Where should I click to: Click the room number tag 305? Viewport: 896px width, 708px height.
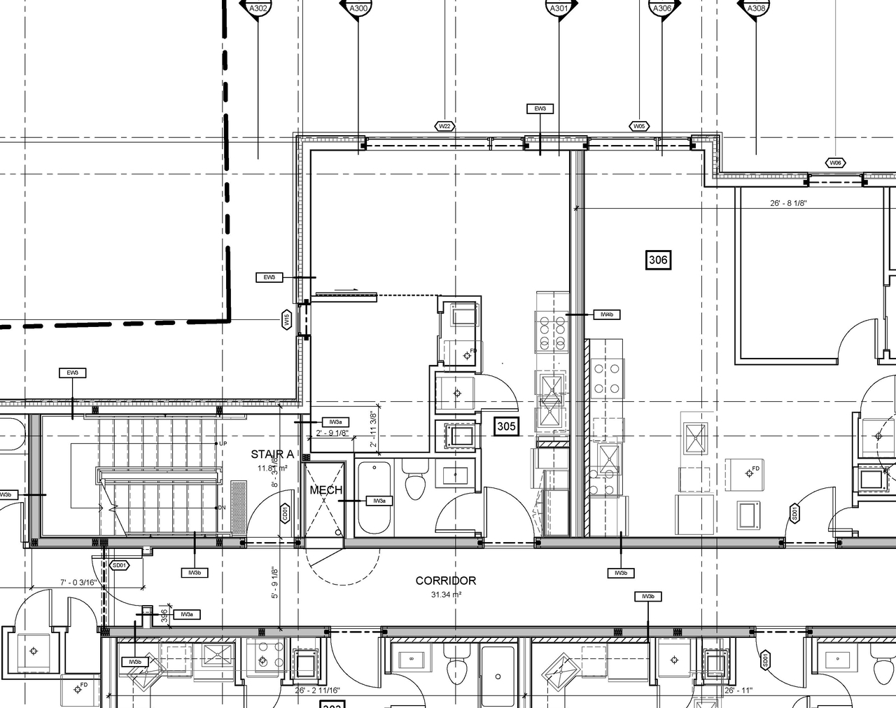click(x=506, y=425)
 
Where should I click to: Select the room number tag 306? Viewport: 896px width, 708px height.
click(x=657, y=261)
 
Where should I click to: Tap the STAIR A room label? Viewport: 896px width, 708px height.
click(x=272, y=454)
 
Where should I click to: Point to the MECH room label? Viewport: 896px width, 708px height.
click(x=325, y=490)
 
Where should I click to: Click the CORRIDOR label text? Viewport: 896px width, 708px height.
click(x=445, y=581)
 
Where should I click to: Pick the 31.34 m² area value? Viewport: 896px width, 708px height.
click(x=445, y=595)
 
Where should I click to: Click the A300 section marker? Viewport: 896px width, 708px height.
click(x=358, y=8)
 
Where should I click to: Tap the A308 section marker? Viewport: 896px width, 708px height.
click(x=755, y=8)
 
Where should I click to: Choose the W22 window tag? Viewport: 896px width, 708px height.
click(x=444, y=126)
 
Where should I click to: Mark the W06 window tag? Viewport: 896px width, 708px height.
click(x=834, y=162)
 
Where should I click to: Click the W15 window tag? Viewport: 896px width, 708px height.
click(x=286, y=320)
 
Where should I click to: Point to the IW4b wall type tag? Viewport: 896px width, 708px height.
click(x=606, y=315)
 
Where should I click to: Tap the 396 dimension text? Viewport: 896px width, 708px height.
click(x=164, y=615)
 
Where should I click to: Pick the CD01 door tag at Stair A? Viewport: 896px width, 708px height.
click(x=284, y=513)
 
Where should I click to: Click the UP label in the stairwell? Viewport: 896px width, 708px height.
click(x=223, y=444)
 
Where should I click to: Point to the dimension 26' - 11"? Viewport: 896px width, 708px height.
click(x=738, y=690)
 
